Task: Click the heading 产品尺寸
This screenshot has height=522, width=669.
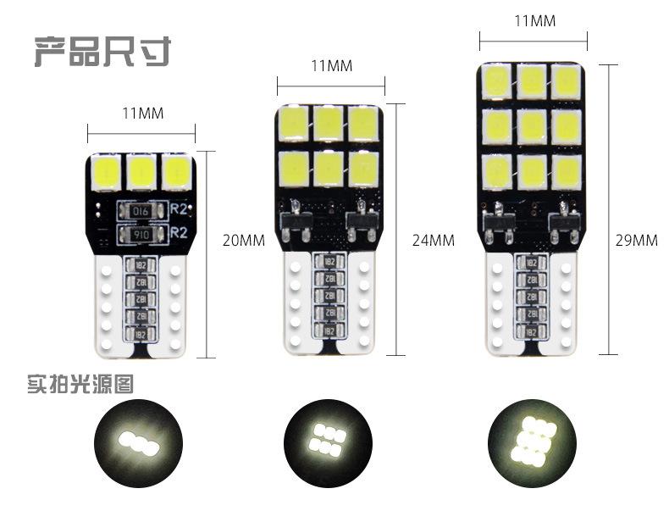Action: [102, 51]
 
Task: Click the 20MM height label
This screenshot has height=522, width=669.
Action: [243, 240]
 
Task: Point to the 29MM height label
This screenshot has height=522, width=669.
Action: [637, 240]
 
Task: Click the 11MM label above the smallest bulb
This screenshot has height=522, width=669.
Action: [143, 113]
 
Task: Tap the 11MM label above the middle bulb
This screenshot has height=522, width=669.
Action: [331, 65]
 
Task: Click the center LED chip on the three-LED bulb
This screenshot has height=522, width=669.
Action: [142, 172]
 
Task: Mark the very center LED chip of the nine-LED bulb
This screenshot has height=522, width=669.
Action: [532, 127]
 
